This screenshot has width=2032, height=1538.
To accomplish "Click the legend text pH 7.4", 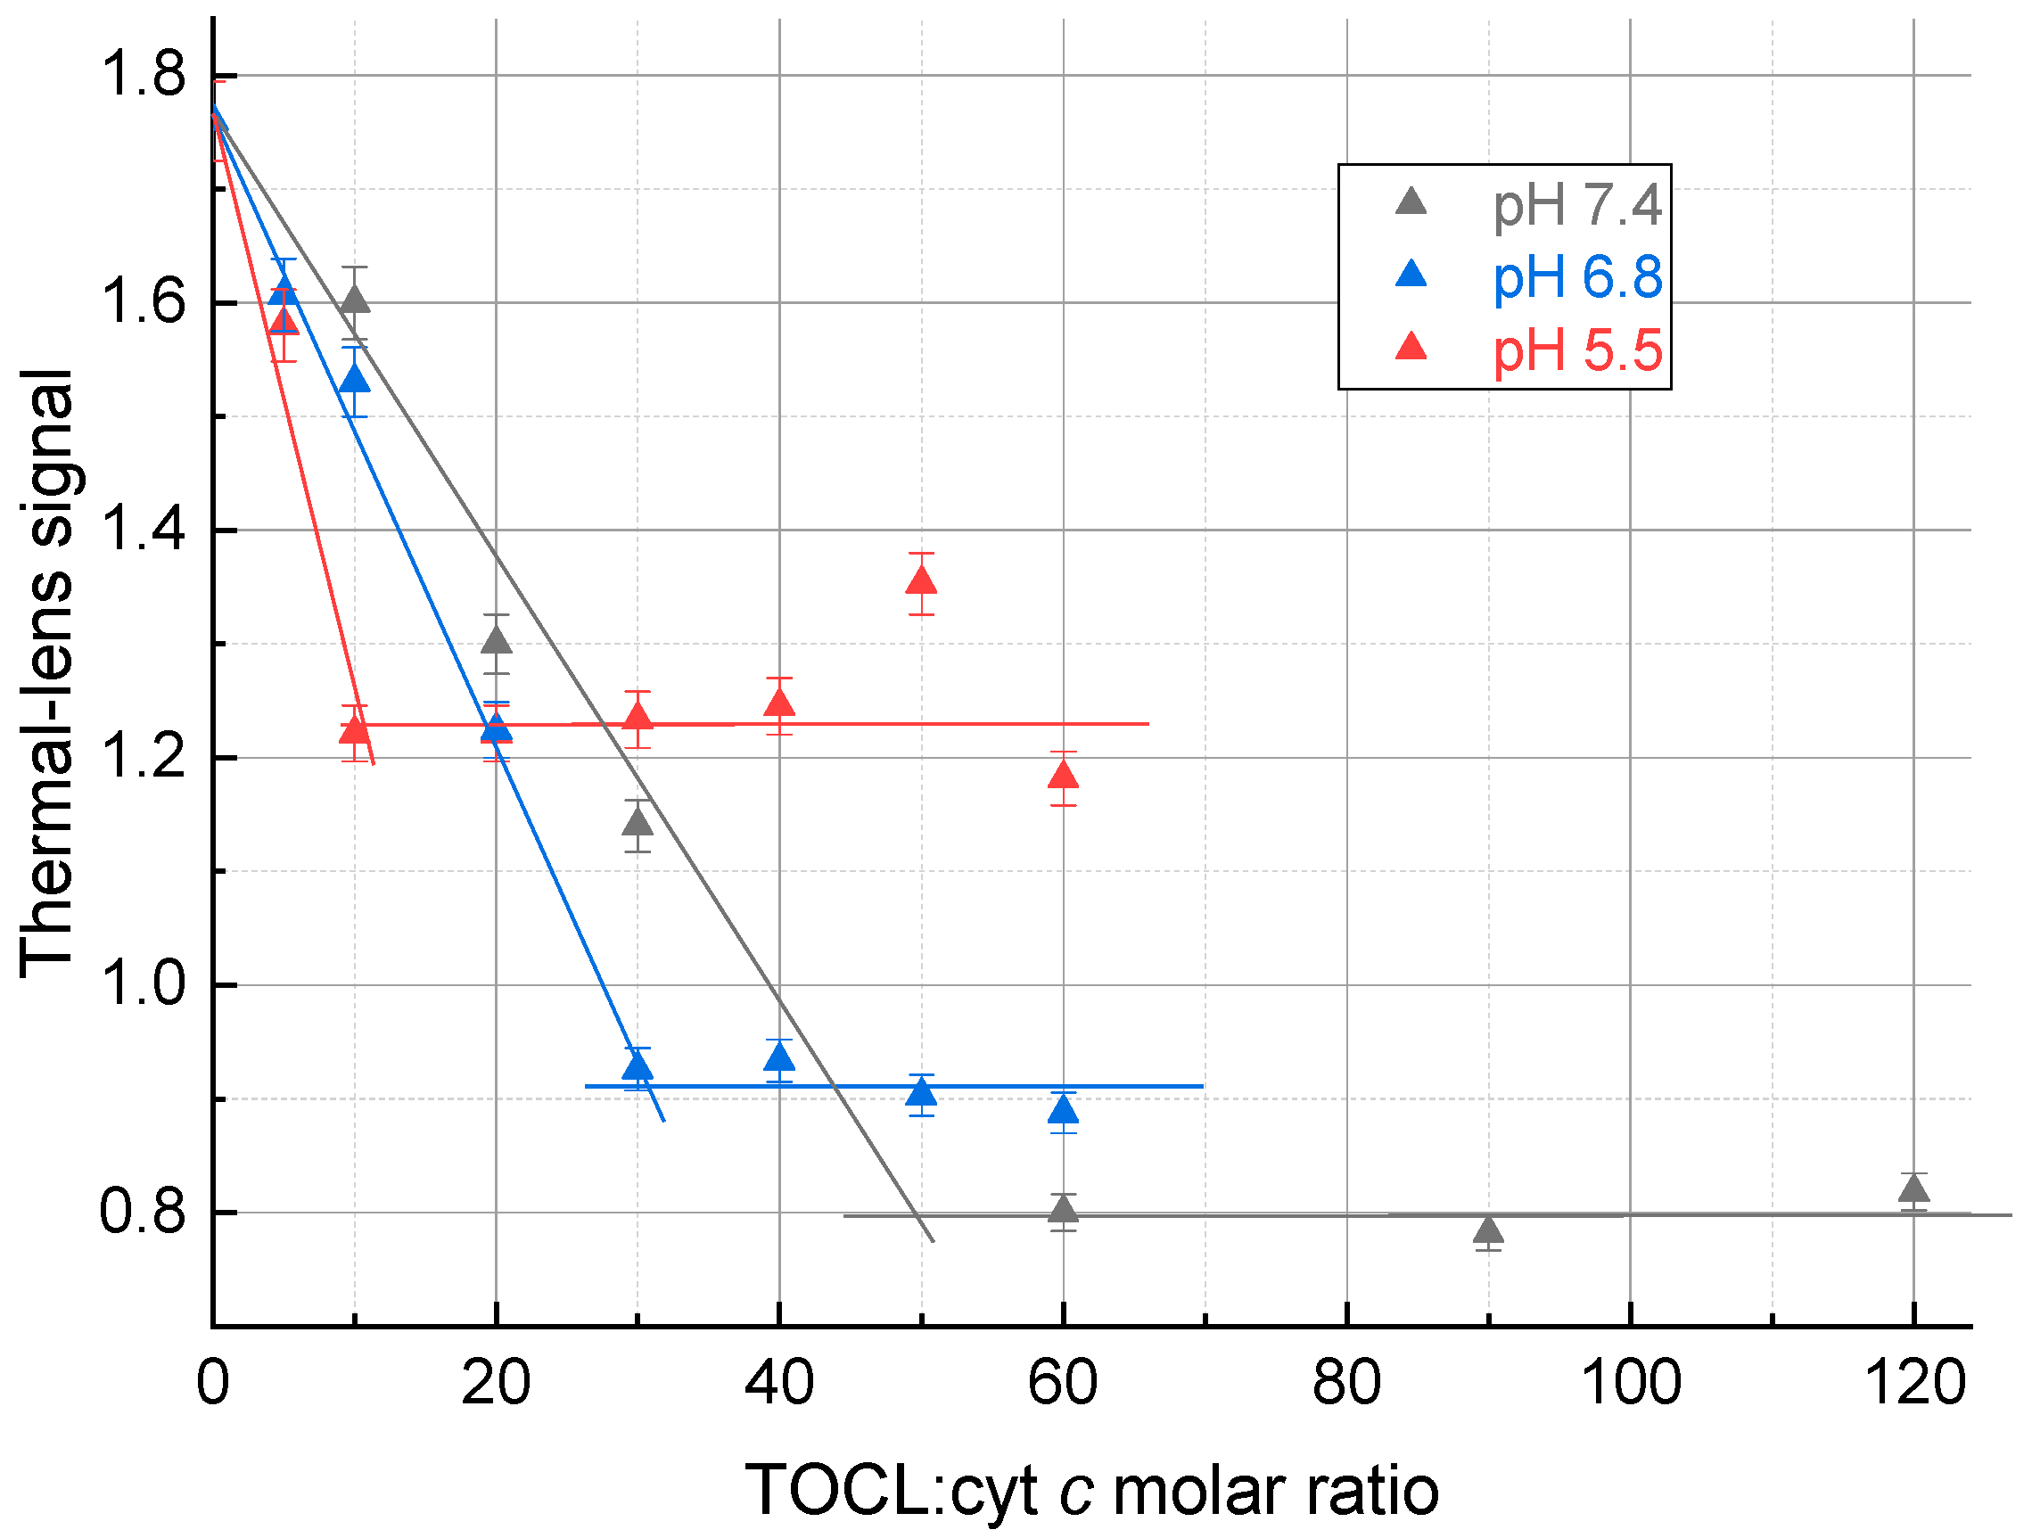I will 1576,205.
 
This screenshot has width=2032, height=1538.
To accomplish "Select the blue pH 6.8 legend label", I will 1576,277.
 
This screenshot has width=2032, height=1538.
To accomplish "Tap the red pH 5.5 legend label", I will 1576,351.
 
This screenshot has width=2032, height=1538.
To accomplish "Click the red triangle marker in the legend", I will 1411,349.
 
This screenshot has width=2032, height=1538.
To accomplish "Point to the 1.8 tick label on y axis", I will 143,74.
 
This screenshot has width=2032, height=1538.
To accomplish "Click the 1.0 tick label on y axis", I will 143,984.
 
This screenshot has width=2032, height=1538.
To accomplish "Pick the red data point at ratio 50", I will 921,582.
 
